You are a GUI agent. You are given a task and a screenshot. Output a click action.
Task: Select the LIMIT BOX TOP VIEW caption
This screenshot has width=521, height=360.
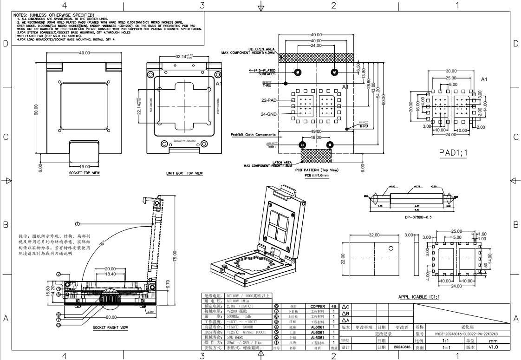click(x=184, y=174)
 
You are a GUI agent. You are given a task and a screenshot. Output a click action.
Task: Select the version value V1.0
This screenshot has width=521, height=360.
click(x=490, y=347)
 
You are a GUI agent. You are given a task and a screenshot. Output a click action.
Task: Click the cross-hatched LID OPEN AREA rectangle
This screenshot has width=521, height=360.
click(x=316, y=57)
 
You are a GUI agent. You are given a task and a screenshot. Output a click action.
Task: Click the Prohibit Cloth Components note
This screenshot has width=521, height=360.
click(x=252, y=135)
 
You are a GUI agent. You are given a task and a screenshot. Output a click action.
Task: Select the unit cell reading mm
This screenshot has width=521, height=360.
click(x=490, y=340)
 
